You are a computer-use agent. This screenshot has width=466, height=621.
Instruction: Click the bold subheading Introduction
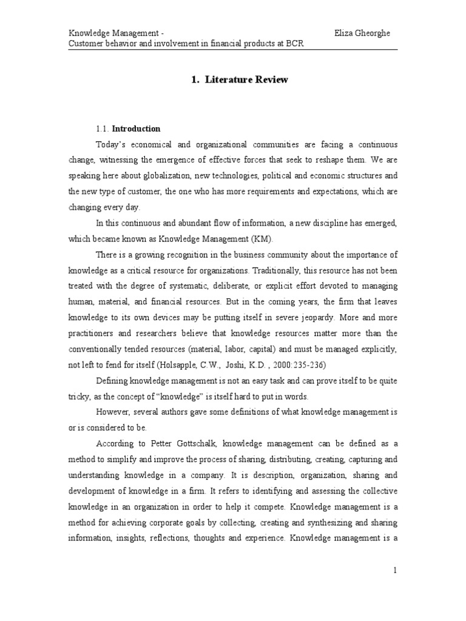(137, 129)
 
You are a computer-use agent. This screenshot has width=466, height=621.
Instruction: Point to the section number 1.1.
(103, 129)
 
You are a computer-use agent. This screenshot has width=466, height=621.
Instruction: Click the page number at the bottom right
(394, 569)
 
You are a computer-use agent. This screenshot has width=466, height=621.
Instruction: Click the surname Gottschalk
(186, 444)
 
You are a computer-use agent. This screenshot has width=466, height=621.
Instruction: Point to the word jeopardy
(309, 318)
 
